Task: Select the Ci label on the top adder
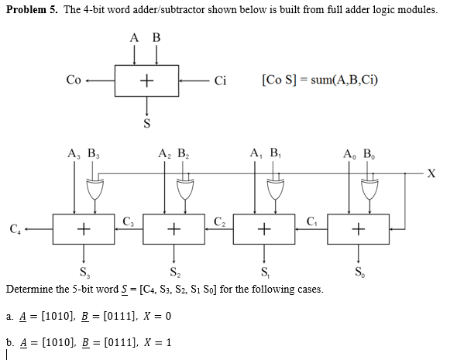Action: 219,80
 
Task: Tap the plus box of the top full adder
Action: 146,81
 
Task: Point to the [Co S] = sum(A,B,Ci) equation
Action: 320,80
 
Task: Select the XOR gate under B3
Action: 97,186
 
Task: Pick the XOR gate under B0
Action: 369,186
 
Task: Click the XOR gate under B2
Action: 186,186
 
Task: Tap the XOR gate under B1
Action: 277,186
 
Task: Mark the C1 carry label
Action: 312,223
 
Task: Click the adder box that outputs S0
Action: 357,228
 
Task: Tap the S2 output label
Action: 175,272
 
